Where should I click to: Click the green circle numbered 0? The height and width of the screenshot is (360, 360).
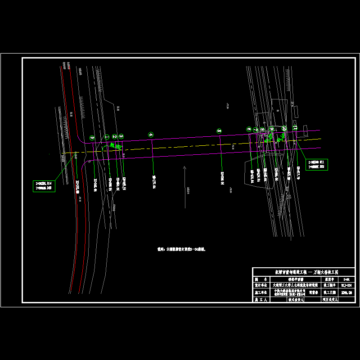tap(92, 138)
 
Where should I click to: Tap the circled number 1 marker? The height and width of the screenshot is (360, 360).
tap(107, 136)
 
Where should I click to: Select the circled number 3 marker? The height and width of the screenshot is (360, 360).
tap(121, 136)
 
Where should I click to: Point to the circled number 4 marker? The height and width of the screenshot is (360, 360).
tap(151, 135)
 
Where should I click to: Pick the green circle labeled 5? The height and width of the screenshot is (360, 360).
tap(219, 130)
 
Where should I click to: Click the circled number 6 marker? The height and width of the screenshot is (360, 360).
tap(249, 129)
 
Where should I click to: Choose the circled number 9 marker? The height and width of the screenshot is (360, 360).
tap(271, 129)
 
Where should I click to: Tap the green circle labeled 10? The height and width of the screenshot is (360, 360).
tap(284, 128)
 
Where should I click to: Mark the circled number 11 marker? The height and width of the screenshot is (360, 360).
tap(295, 128)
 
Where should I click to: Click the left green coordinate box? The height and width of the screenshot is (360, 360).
tap(44, 186)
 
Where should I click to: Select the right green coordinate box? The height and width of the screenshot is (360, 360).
tap(317, 165)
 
